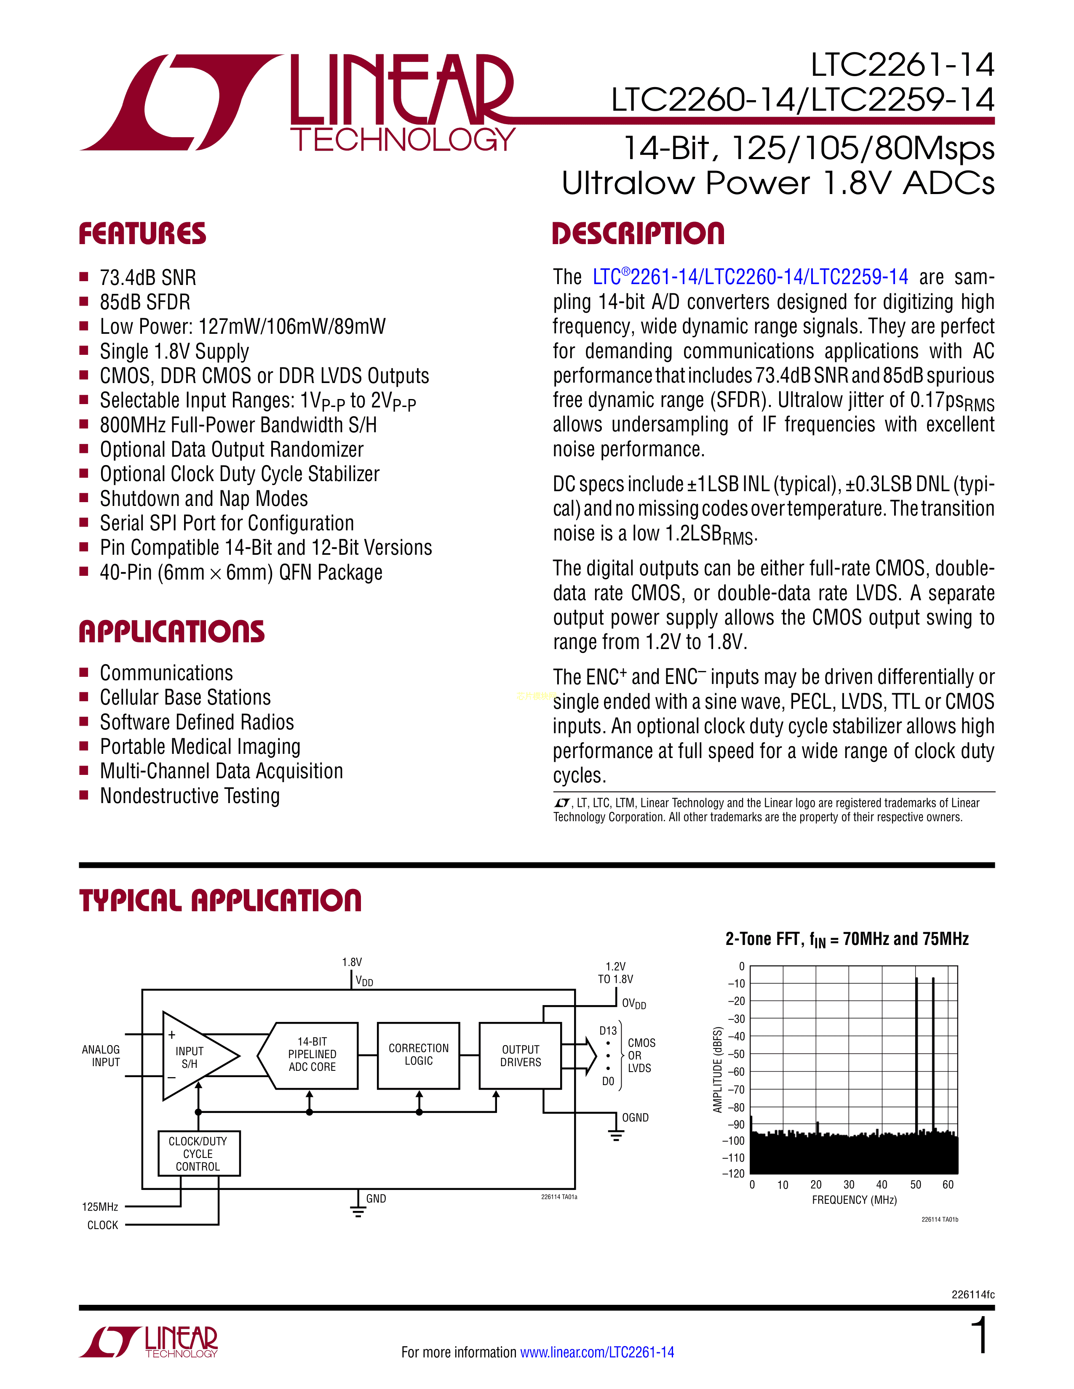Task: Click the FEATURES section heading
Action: [142, 234]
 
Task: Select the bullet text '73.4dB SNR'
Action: [147, 278]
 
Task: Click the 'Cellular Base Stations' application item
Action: [185, 698]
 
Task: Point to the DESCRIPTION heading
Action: [638, 234]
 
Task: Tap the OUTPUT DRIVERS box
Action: [521, 1056]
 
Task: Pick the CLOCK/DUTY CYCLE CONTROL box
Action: [198, 1154]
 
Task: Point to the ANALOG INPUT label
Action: [101, 1056]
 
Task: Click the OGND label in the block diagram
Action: [635, 1118]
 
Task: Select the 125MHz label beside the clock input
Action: [100, 1206]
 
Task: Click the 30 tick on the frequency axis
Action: [849, 1184]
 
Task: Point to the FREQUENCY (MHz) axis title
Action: [854, 1200]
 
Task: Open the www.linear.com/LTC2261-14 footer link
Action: [597, 1352]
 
